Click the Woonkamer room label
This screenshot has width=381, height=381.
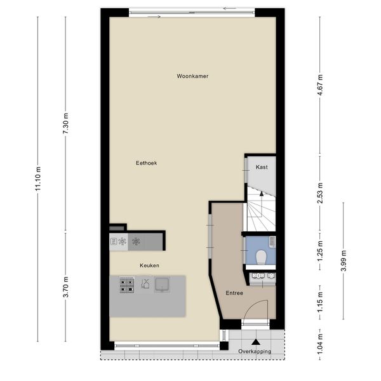(192, 76)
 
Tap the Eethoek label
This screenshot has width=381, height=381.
(146, 163)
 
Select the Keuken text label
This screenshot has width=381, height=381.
(150, 265)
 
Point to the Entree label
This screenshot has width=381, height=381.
(234, 293)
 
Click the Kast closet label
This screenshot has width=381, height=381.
(261, 167)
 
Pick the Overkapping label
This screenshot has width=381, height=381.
(254, 351)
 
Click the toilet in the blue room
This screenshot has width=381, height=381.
(260, 255)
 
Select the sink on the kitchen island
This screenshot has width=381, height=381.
(163, 285)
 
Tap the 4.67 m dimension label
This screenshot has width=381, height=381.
(321, 84)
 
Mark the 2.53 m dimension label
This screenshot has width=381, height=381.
(321, 191)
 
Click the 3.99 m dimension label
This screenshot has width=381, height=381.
(344, 260)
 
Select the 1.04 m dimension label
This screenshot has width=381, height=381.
(321, 344)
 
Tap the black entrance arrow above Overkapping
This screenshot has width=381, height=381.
(255, 342)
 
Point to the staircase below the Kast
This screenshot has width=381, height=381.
(260, 213)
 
